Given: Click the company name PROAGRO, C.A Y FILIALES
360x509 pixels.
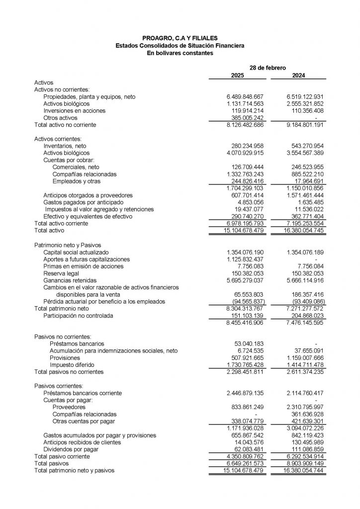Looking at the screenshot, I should click(x=180, y=38).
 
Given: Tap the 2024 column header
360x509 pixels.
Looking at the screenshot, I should click(x=299, y=76).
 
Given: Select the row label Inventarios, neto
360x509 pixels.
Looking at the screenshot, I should click(x=66, y=146).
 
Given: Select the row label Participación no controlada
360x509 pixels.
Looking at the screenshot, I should click(x=78, y=316).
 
